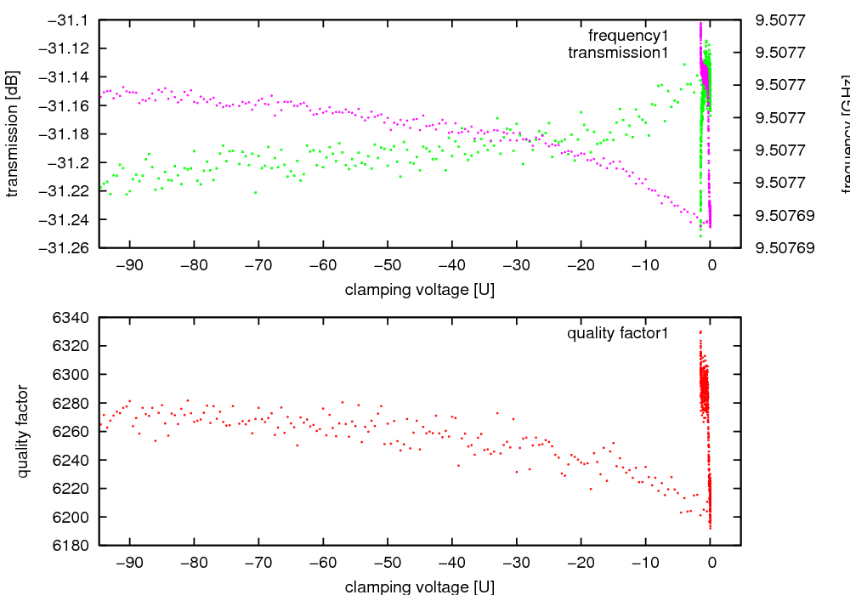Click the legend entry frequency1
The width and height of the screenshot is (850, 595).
[x=628, y=36]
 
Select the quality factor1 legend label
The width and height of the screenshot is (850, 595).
[x=618, y=333]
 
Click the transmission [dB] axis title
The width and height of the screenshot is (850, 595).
[x=12, y=133]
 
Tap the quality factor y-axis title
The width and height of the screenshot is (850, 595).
[x=23, y=431]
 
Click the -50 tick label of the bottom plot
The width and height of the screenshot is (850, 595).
[x=388, y=564]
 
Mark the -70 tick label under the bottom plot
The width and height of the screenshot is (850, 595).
[x=258, y=564]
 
